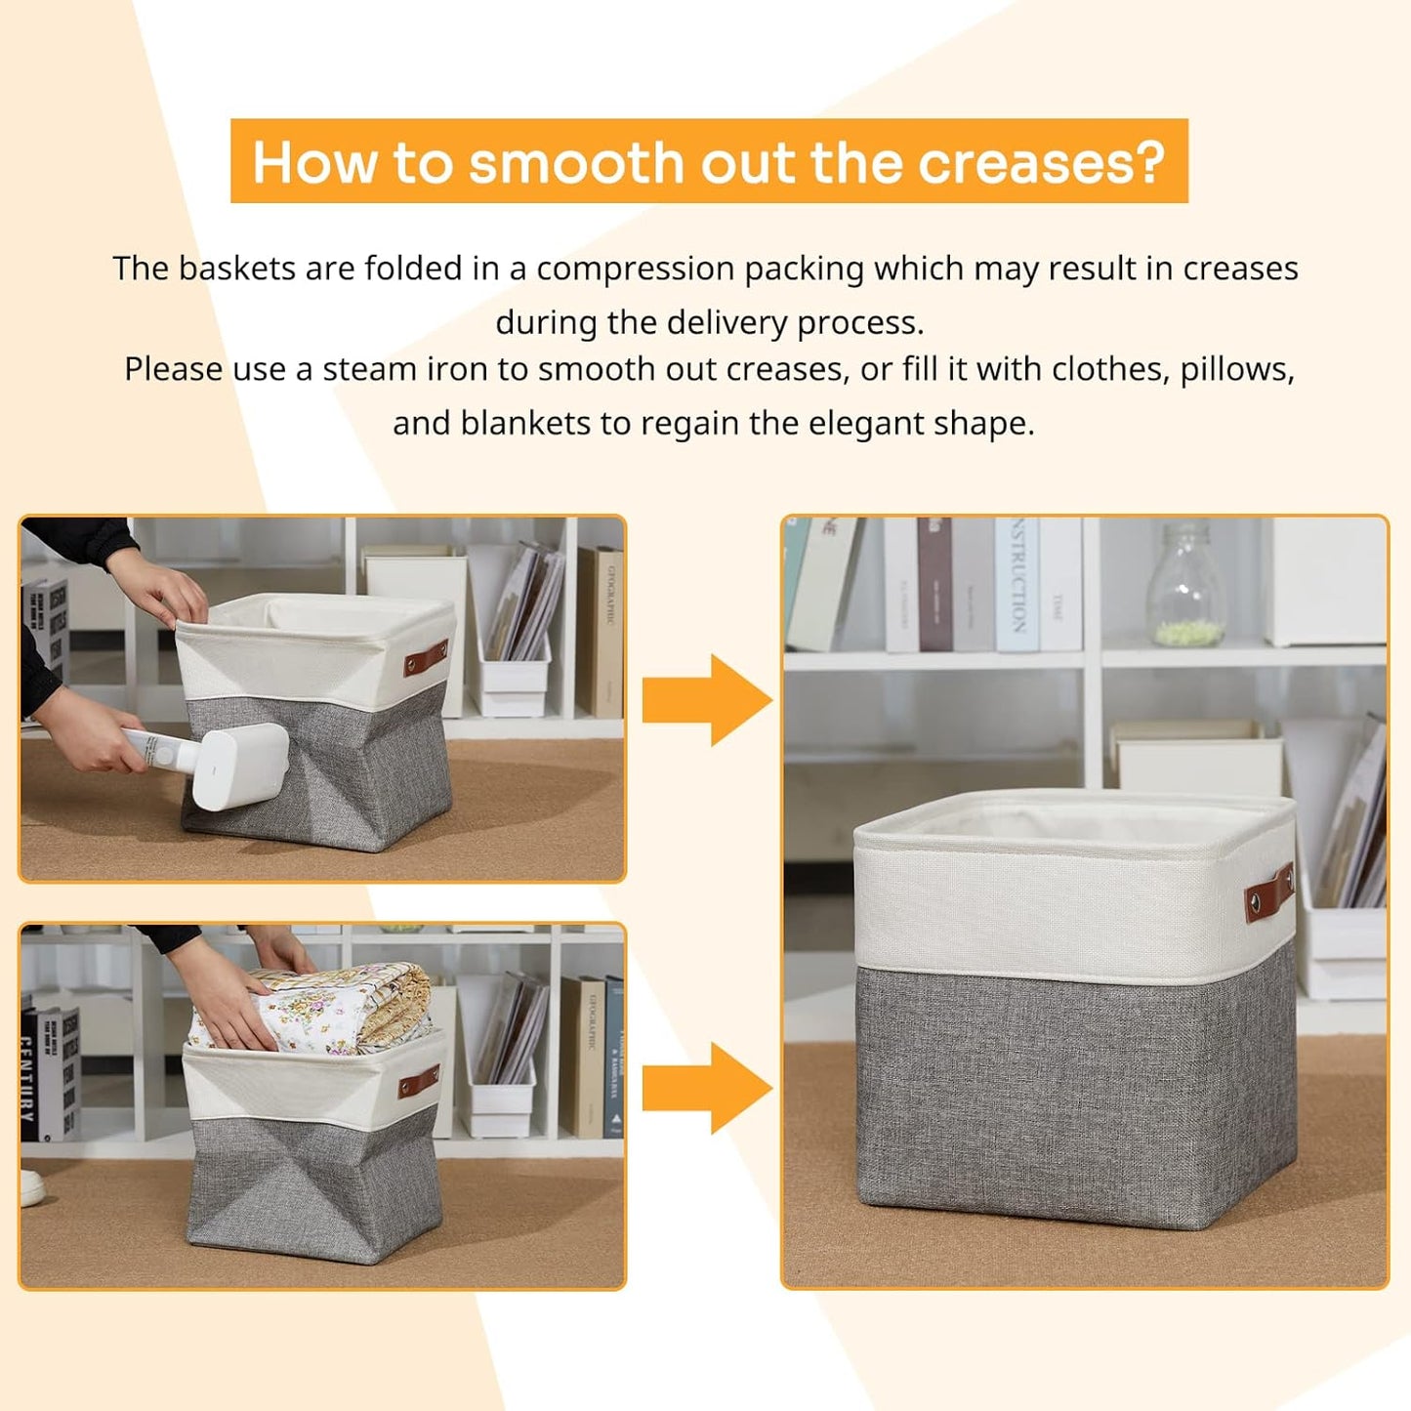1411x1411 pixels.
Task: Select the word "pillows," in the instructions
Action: [1237, 370]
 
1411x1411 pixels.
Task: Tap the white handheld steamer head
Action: [239, 768]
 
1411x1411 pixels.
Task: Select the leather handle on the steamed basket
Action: [426, 658]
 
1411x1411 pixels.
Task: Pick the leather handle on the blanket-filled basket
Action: [419, 1081]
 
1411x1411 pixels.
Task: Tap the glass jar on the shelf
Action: [1184, 586]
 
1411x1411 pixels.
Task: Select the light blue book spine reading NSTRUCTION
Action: [1017, 584]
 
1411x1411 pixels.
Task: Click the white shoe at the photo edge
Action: [30, 1186]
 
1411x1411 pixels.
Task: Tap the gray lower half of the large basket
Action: [1074, 1094]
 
